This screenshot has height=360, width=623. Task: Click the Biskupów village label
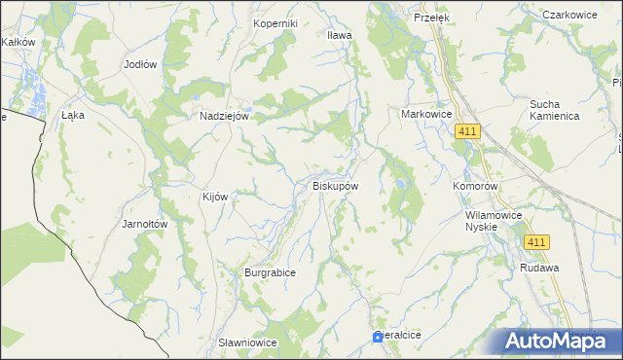click(x=336, y=185)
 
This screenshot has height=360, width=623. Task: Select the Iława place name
click(x=339, y=35)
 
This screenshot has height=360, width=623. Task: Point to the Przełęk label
click(x=428, y=18)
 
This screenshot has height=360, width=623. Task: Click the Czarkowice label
click(x=569, y=15)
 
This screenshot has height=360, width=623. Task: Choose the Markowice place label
click(x=427, y=114)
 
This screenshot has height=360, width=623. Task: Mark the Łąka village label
click(x=73, y=115)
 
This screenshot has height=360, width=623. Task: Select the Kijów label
click(x=214, y=197)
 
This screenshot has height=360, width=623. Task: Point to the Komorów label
click(x=476, y=185)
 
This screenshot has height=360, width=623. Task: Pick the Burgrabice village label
click(x=270, y=273)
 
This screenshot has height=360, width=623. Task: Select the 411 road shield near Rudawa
click(x=535, y=241)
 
